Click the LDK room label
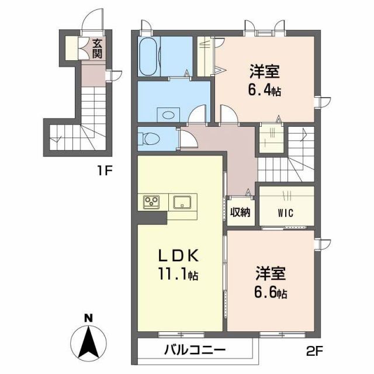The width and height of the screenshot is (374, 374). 179,257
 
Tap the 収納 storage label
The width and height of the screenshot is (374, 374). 239,212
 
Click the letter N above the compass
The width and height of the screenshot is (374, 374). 88,318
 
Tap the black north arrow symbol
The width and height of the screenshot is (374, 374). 88,342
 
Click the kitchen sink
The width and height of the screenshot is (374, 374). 182,202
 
